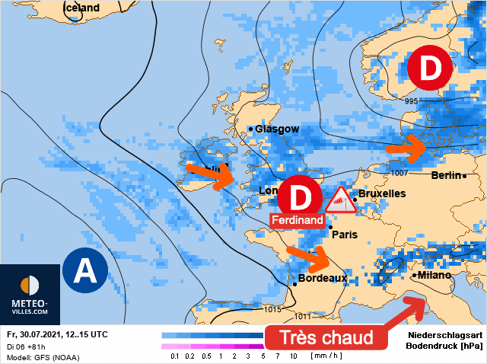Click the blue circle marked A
tap(84, 270)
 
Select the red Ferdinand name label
tap(298, 220)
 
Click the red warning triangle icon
tap(341, 200)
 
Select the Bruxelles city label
tap(381, 194)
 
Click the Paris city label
tap(345, 235)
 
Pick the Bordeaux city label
tap(323, 279)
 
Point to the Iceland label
tap(81, 8)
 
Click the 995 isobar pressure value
tap(412, 102)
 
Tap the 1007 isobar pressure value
tap(401, 174)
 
